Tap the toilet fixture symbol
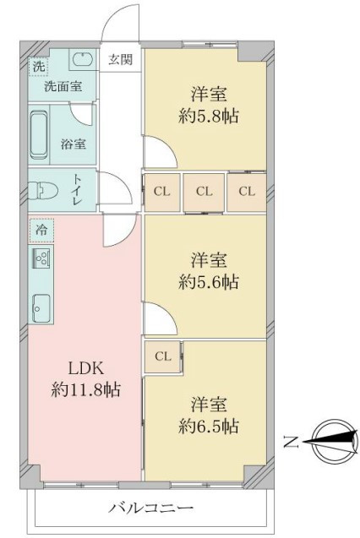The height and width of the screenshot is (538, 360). tap(39, 190)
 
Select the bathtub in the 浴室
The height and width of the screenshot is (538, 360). tap(38, 134)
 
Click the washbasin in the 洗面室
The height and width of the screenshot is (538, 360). tap(82, 59)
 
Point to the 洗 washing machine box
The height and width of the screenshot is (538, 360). tap(38, 66)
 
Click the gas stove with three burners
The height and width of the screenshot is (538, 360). tap(41, 258)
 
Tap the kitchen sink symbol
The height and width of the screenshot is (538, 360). tap(41, 308)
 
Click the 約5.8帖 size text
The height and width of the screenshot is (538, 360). tap(209, 117)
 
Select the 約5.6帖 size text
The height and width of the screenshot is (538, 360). tap(209, 282)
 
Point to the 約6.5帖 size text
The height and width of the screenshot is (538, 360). tap(209, 427)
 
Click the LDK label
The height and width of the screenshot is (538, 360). tap(86, 369)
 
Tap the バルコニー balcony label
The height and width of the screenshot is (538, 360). tap(151, 508)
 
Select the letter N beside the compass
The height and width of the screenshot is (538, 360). tap(291, 443)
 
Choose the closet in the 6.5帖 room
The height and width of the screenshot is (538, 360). tap(162, 356)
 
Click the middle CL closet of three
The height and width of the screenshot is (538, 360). tap(204, 192)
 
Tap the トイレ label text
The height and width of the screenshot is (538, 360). tap(75, 190)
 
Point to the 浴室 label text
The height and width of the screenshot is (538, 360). tap(74, 144)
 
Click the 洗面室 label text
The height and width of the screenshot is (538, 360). tap(63, 86)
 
